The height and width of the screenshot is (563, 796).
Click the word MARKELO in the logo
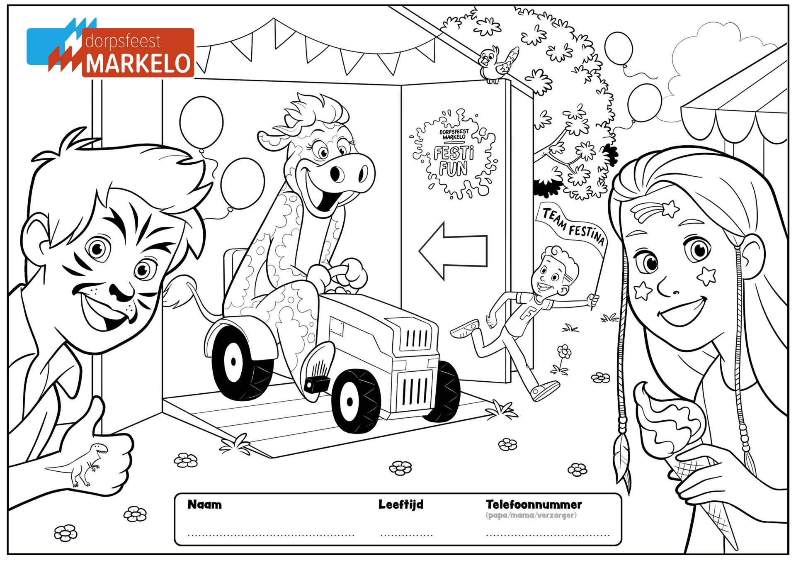[138, 63]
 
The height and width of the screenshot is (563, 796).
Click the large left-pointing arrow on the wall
[453, 251]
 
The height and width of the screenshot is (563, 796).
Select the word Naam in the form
[204, 505]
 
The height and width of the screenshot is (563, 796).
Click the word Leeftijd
[401, 505]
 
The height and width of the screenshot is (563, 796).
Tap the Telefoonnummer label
[534, 505]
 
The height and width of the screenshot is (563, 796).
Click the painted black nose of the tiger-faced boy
[122, 290]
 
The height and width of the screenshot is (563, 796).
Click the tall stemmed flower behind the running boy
[561, 359]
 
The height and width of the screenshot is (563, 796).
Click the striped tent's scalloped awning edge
[734, 124]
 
